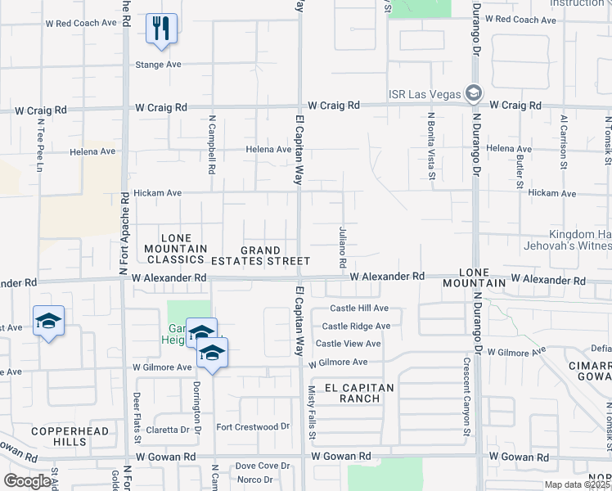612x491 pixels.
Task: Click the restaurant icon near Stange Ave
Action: point(161,29)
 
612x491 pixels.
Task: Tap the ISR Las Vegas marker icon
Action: point(473,92)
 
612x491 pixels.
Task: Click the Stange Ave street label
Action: point(159,64)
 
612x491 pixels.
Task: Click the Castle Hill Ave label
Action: point(359,309)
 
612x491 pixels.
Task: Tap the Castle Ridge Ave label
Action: point(356,326)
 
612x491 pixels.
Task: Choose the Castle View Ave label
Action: point(349,344)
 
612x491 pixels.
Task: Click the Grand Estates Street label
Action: point(261,255)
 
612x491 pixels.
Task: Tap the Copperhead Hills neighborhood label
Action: point(59,435)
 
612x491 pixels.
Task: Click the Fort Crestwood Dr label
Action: point(253,427)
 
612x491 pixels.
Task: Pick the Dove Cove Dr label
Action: point(263,466)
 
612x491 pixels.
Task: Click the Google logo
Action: point(28,481)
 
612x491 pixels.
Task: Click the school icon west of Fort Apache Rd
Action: point(48,321)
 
